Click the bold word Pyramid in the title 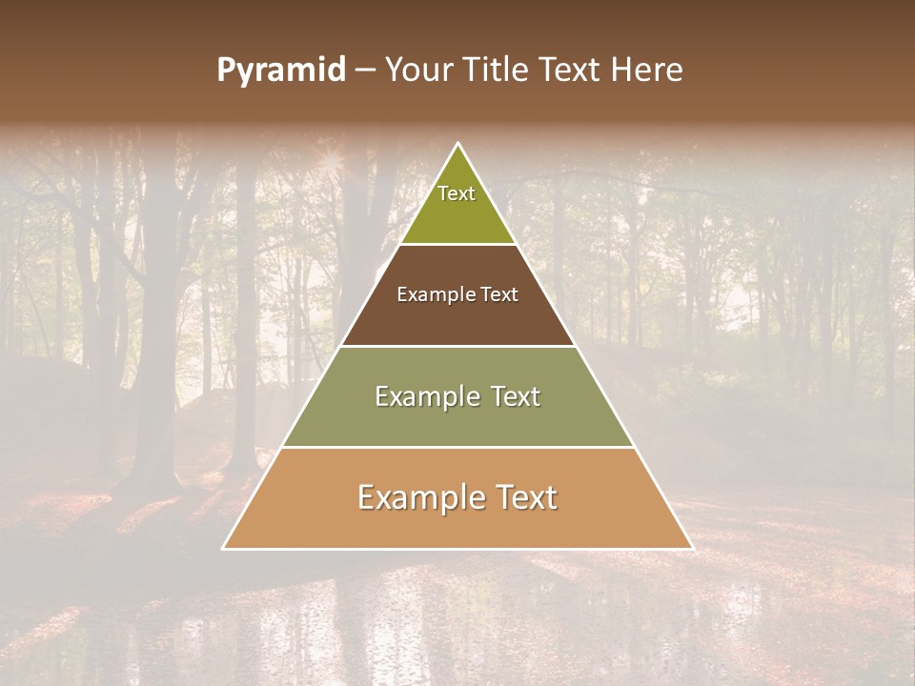(x=280, y=71)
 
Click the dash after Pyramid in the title (x=364, y=71)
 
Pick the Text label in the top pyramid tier (x=457, y=193)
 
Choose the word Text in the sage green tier (x=517, y=396)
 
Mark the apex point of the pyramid (x=457, y=144)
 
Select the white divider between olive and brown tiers (x=457, y=244)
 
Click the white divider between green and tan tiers (x=457, y=447)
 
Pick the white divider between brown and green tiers (x=457, y=346)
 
